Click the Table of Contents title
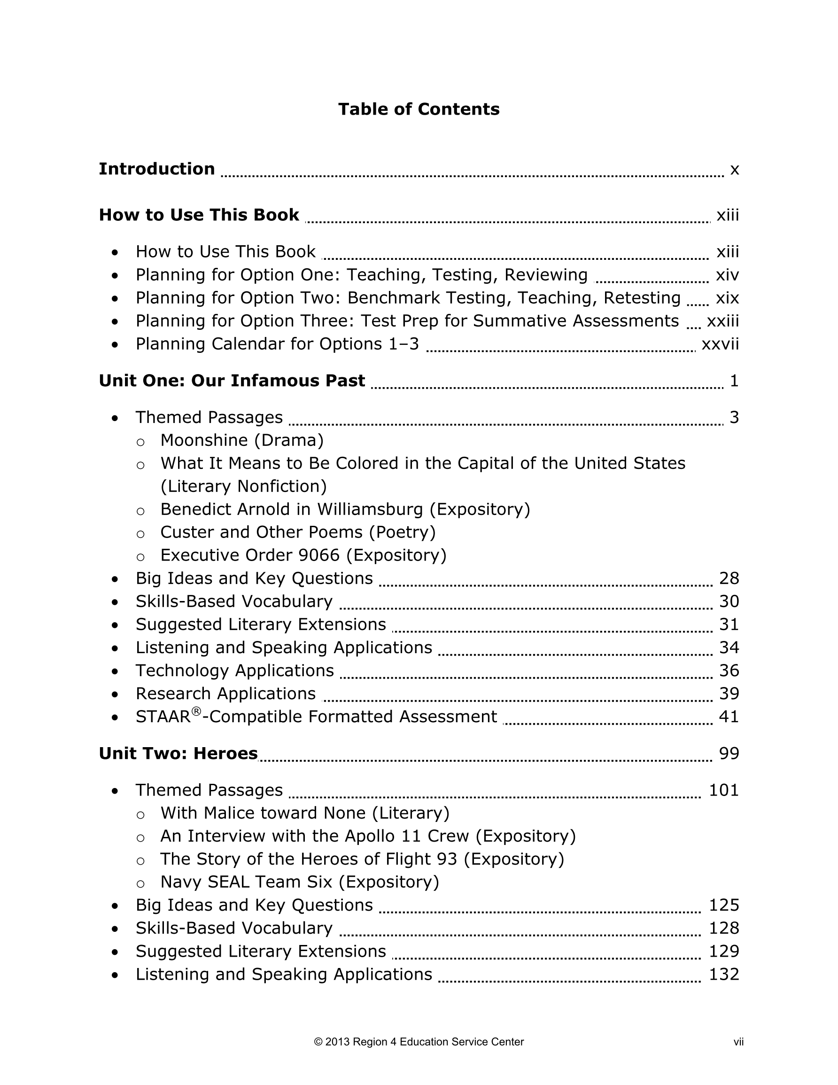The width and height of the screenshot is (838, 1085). [x=419, y=109]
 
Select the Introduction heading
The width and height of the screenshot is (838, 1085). [x=156, y=169]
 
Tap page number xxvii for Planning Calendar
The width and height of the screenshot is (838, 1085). [x=720, y=344]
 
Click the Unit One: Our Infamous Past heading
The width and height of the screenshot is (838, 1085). [x=232, y=381]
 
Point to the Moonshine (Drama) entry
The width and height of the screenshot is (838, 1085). [x=242, y=440]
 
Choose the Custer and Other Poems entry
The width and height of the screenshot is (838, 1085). [x=297, y=532]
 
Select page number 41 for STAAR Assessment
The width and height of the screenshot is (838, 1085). [x=729, y=717]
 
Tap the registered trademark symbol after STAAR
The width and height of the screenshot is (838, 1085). [x=196, y=711]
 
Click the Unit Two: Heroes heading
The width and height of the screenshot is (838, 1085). [x=178, y=754]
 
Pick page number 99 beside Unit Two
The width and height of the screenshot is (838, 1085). [x=729, y=754]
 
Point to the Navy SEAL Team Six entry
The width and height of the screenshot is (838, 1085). [x=300, y=882]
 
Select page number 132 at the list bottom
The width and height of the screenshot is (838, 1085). [x=724, y=974]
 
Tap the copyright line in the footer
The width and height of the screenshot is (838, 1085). [x=419, y=1042]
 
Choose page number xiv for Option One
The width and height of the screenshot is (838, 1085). [x=727, y=275]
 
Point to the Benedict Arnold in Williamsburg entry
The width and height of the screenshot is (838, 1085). [x=345, y=509]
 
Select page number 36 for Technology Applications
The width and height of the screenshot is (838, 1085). [x=729, y=671]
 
